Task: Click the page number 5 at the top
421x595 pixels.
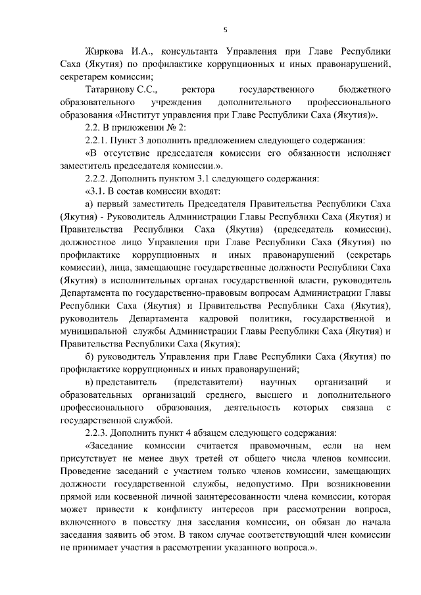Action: pos(225,30)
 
